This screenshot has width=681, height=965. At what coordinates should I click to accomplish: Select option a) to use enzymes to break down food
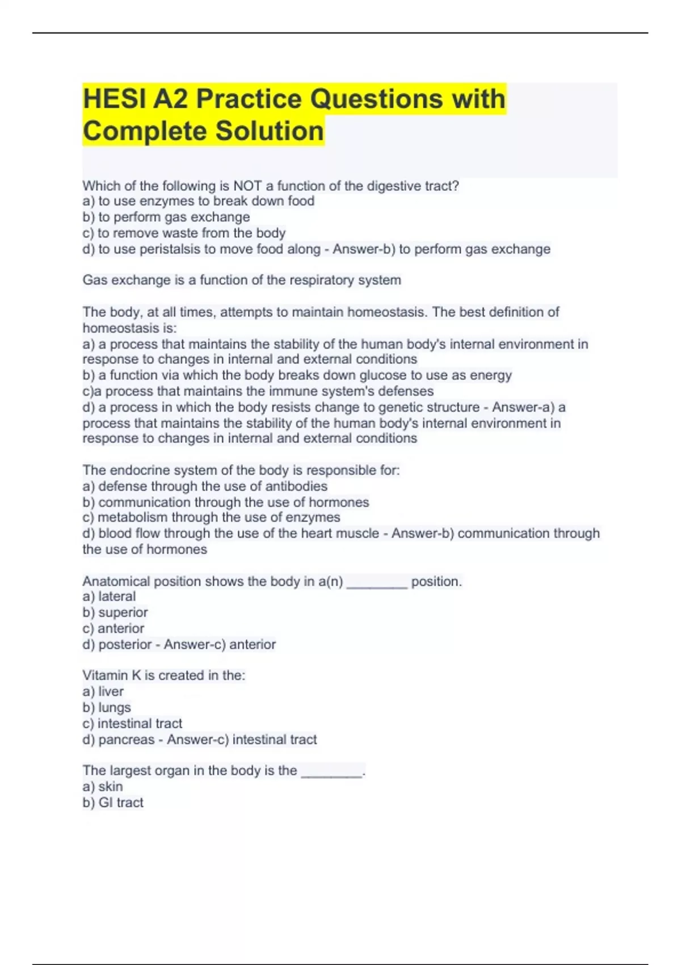click(x=198, y=201)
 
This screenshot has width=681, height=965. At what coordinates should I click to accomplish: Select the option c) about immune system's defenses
click(x=258, y=391)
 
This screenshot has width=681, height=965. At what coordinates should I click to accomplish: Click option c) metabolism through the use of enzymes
click(x=211, y=517)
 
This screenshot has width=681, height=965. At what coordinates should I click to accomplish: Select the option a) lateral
click(x=109, y=597)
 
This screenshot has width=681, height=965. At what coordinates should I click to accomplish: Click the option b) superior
click(x=115, y=612)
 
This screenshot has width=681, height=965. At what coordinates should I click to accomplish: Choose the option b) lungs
click(x=107, y=708)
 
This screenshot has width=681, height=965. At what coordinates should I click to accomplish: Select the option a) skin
click(x=103, y=787)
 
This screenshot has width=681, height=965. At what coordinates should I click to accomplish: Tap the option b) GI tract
click(x=113, y=803)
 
